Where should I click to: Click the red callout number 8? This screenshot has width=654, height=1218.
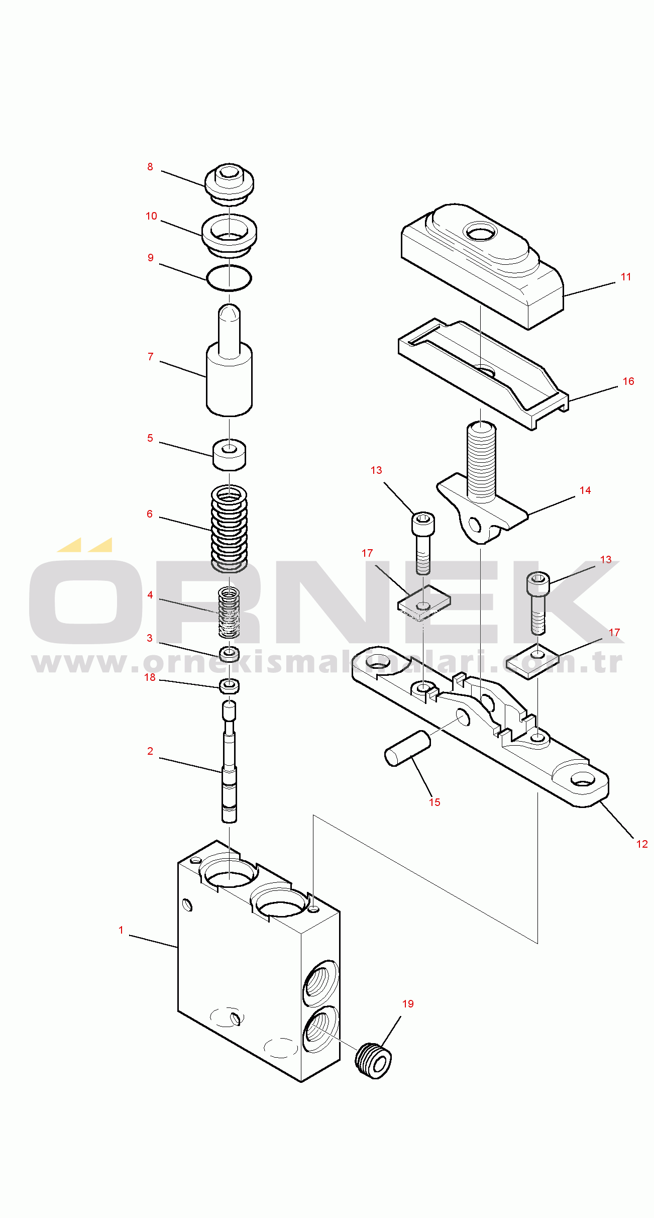point(150,167)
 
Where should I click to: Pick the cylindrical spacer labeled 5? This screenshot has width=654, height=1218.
point(229,455)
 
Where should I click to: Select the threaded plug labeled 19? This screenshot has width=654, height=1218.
point(373,1061)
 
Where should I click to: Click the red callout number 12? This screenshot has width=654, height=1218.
point(642,844)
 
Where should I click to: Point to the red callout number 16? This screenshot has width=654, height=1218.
point(628,381)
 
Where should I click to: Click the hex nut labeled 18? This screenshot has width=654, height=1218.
point(229,686)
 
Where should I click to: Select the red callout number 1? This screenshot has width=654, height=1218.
point(121,930)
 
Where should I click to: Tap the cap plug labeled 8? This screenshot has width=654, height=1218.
point(229,183)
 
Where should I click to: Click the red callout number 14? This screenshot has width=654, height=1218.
point(585,490)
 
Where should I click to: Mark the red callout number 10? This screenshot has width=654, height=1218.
point(151,216)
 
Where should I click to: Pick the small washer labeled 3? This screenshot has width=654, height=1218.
point(229,654)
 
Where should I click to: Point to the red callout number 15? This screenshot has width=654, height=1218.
point(434,802)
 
